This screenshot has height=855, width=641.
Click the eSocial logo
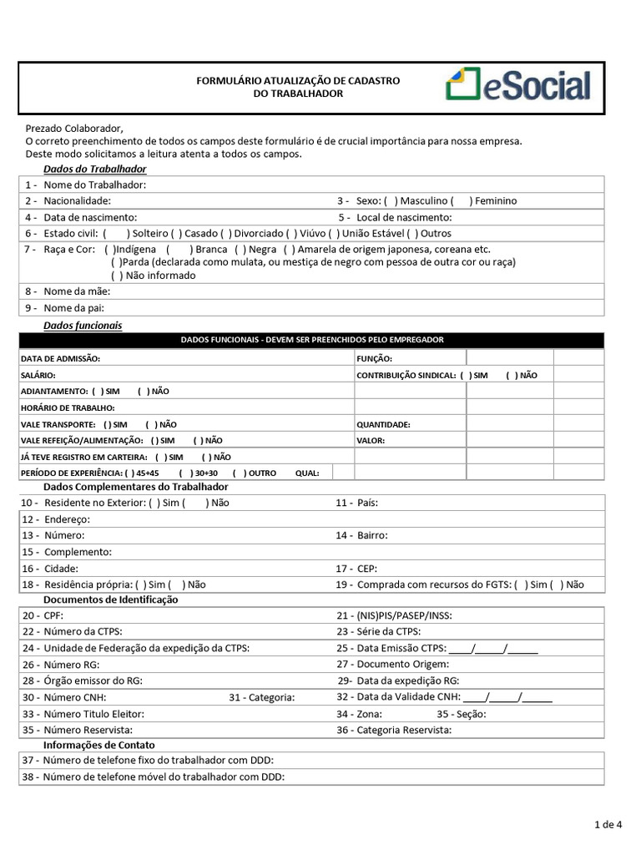518,86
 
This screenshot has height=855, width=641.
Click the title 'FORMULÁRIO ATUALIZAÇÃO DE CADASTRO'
298,80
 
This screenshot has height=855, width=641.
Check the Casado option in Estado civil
175,234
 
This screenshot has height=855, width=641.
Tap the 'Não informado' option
116,276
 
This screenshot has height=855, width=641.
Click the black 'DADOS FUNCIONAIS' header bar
311,340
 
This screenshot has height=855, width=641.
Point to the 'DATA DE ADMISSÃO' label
60,358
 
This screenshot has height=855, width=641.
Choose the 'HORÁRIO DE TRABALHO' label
67,408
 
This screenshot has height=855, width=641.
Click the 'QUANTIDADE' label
383,424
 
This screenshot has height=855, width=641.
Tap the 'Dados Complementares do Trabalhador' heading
135,487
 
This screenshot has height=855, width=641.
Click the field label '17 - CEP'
356,568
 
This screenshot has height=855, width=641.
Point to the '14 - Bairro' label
361,535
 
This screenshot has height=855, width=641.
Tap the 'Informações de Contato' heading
98,745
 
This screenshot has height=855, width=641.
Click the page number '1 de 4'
608,826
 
